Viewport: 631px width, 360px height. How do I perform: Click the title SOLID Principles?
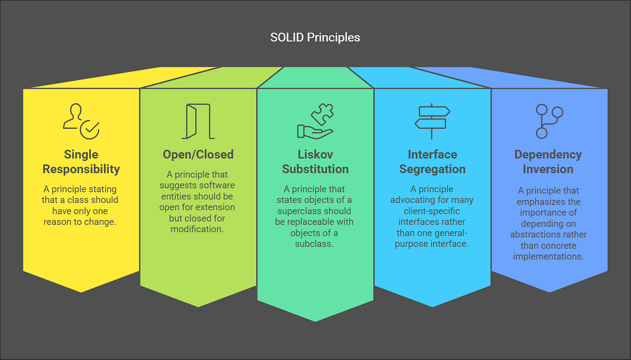click(x=315, y=37)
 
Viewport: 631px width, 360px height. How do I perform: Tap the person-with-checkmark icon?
click(x=81, y=121)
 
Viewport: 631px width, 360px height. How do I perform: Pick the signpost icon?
click(x=432, y=121)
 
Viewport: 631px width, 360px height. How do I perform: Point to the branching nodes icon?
click(x=548, y=121)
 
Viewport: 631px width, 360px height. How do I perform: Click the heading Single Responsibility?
click(x=81, y=162)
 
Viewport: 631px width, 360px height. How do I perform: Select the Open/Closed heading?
click(x=198, y=155)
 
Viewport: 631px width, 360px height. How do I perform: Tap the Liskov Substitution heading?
click(x=315, y=162)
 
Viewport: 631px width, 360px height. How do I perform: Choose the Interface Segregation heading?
click(x=432, y=162)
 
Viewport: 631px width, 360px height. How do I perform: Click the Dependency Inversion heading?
click(x=548, y=162)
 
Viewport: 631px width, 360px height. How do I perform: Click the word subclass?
click(x=315, y=244)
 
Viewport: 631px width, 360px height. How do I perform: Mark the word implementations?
click(x=548, y=257)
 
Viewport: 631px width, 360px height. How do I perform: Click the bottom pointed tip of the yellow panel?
click(x=81, y=292)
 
